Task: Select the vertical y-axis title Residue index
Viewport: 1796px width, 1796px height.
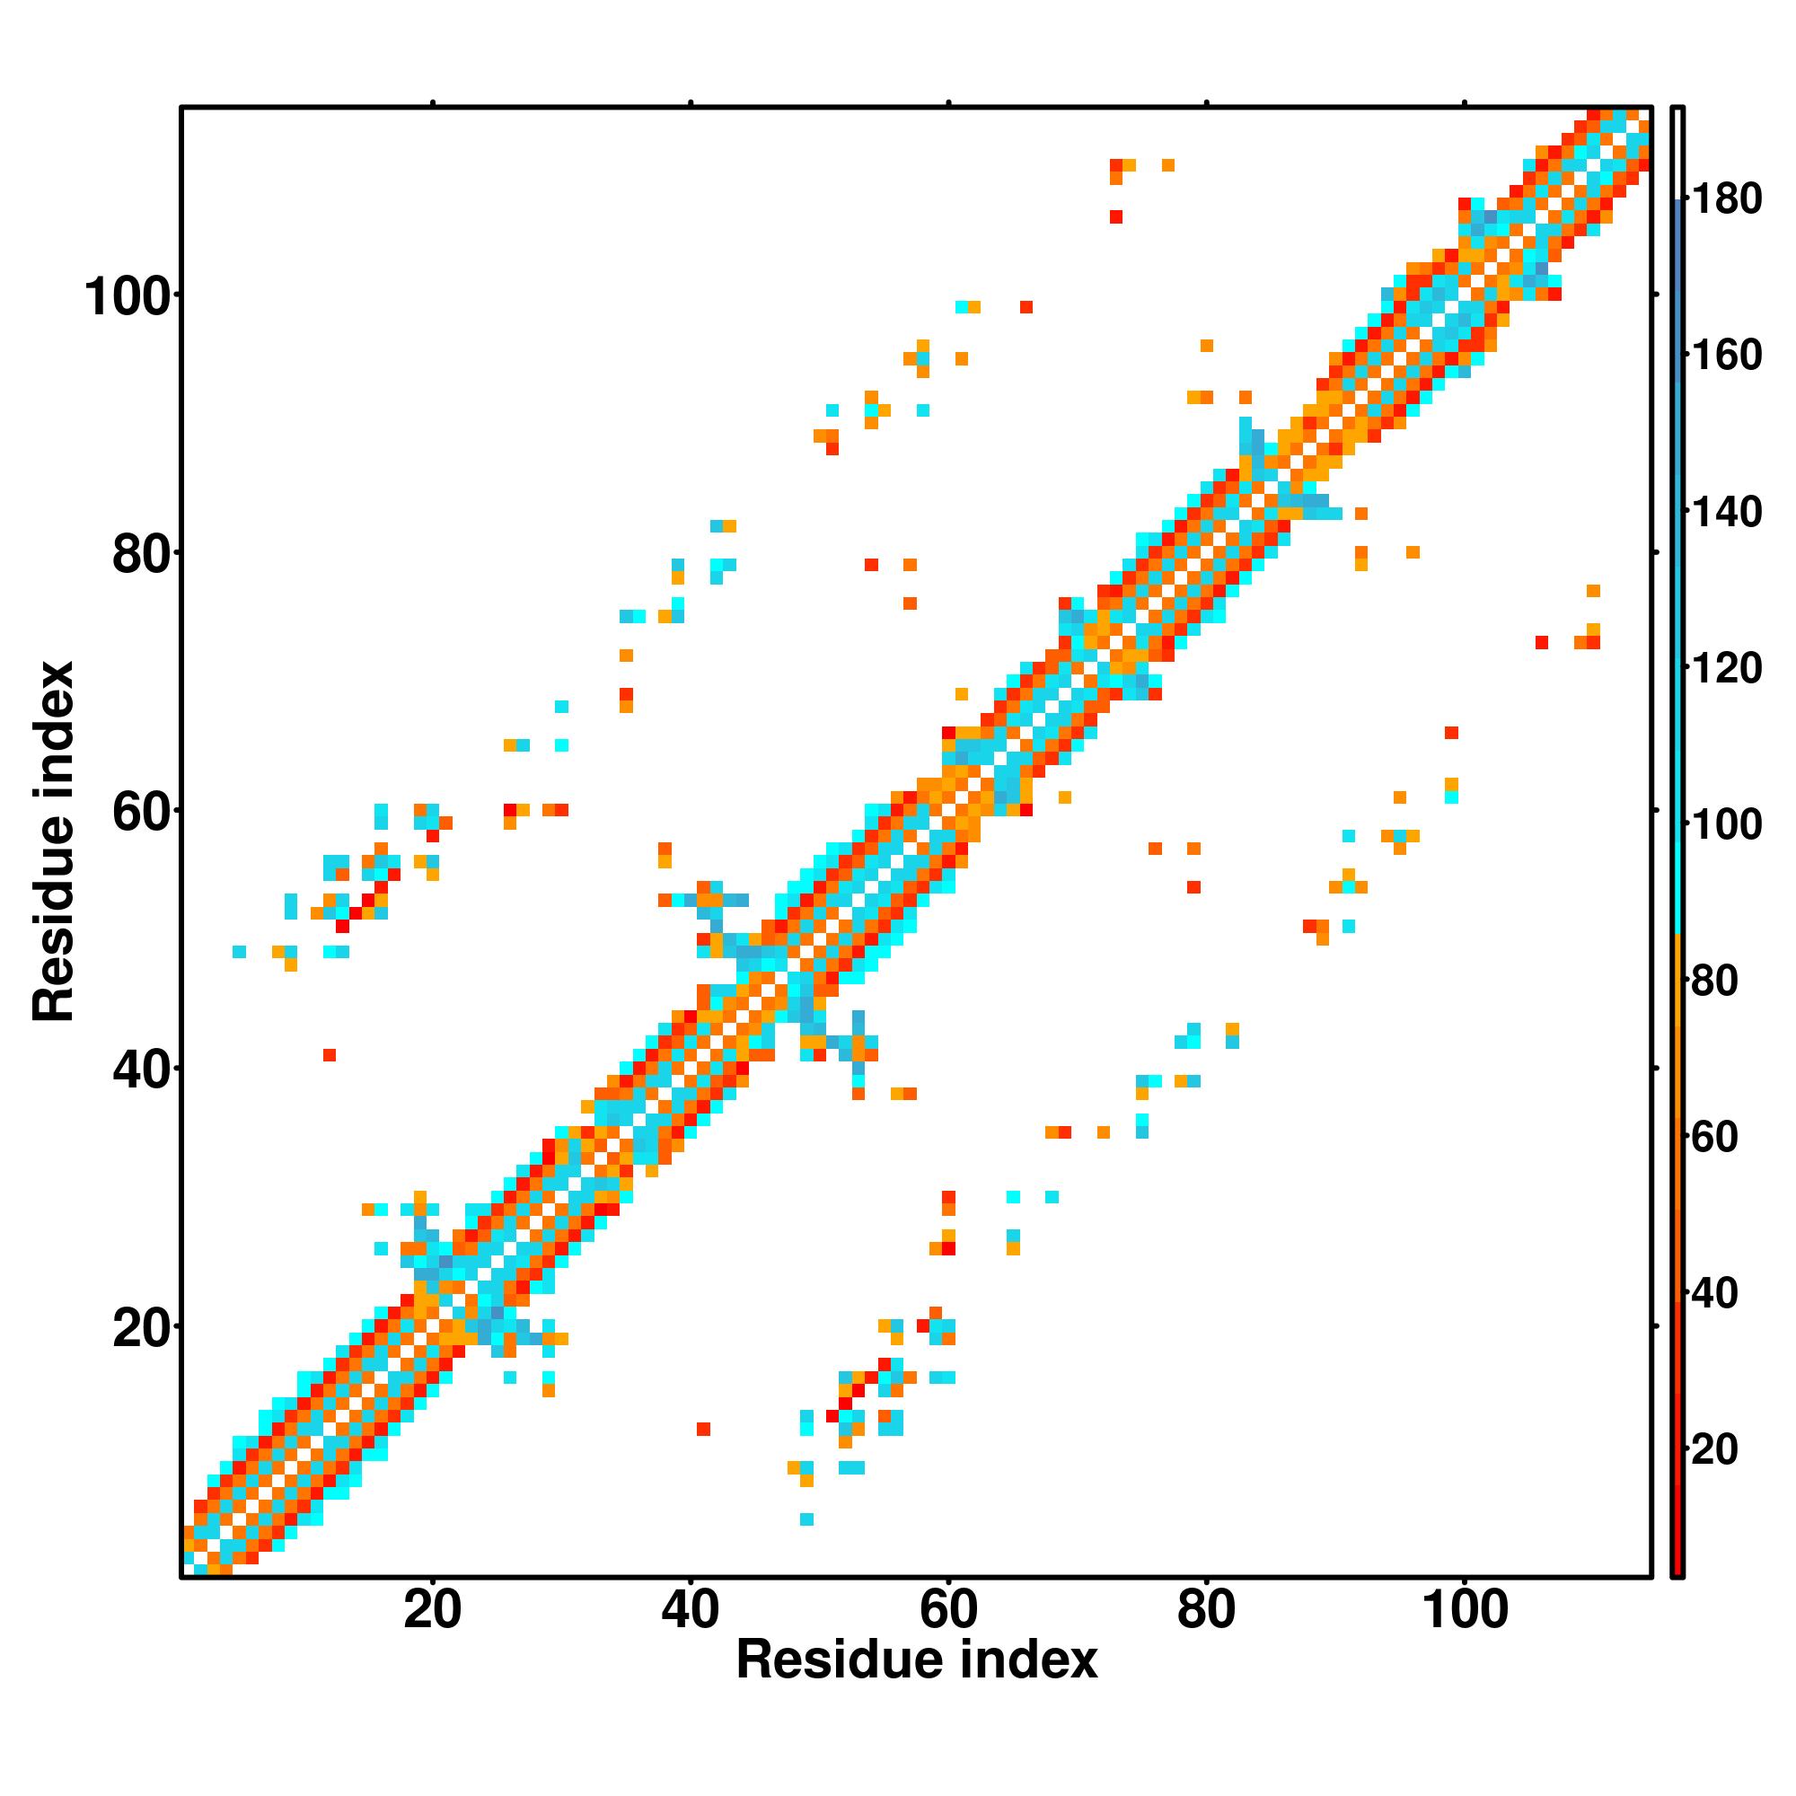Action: point(53,841)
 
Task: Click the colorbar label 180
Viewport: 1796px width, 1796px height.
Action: point(1726,199)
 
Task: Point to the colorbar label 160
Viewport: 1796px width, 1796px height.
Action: point(1726,355)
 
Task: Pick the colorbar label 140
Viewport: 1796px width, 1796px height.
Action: point(1726,511)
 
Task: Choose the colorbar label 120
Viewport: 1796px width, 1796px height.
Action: point(1726,667)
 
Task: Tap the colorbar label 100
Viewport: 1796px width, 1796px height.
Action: point(1726,824)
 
